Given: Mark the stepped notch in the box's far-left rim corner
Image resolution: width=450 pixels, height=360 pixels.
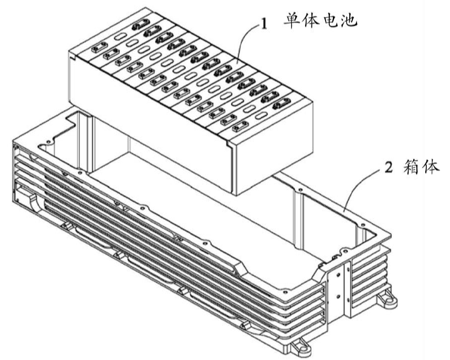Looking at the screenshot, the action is point(71,122).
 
